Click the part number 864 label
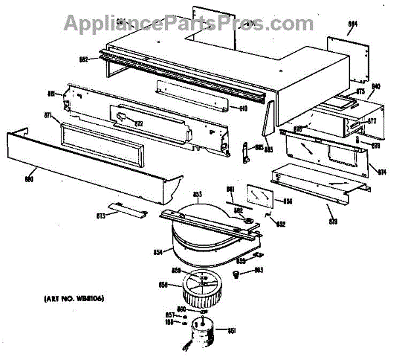pos(353,24)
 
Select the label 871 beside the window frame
pos(48,116)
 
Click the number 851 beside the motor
pos(230,330)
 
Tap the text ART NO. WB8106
pos(67,300)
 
